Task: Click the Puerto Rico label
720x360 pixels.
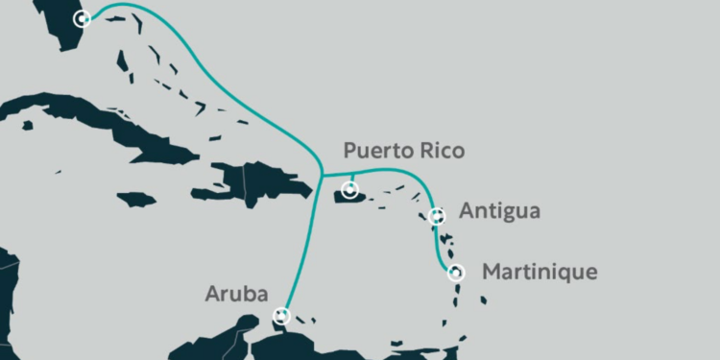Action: click(404, 151)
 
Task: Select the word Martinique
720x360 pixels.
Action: click(539, 272)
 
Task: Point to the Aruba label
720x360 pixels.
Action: click(236, 294)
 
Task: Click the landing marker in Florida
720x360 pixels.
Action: click(84, 18)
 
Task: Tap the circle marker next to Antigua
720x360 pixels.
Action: click(437, 216)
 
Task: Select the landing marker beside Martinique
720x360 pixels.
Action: click(456, 273)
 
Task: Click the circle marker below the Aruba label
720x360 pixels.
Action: click(281, 314)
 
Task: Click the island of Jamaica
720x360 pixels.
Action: click(136, 200)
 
